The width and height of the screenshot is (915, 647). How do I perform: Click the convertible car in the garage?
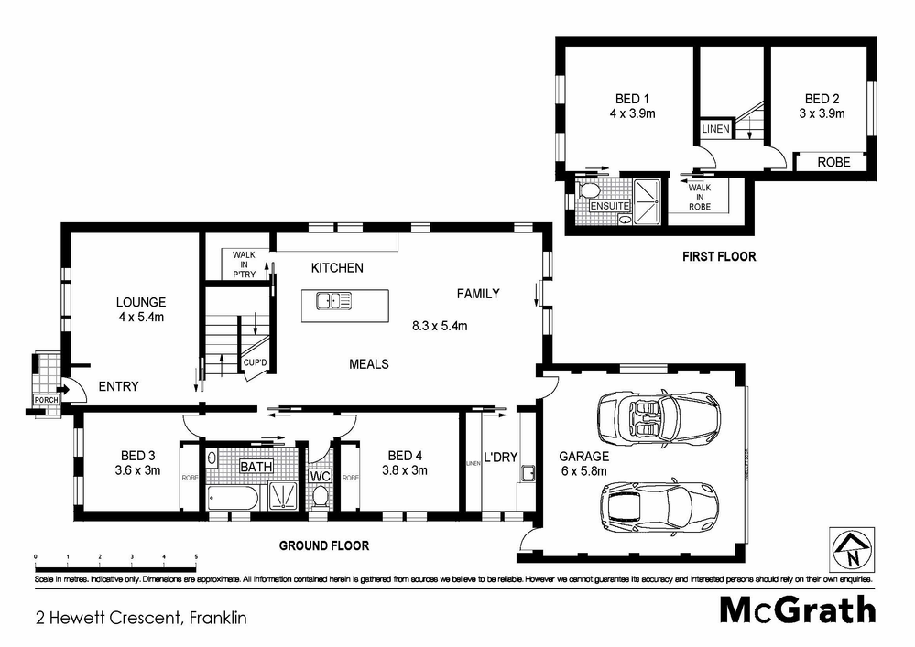pos(658,416)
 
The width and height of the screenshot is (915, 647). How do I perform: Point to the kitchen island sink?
pos(334,300)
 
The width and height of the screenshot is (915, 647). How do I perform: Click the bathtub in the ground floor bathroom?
pos(232,497)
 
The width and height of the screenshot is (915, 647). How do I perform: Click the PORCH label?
pos(46,401)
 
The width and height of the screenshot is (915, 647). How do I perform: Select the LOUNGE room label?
pos(140,302)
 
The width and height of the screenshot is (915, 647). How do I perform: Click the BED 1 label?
pos(632,99)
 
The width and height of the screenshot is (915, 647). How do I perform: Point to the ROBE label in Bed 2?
pos(833,162)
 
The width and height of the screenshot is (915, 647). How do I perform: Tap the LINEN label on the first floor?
pos(715,130)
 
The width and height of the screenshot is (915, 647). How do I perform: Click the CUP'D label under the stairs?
pos(255,363)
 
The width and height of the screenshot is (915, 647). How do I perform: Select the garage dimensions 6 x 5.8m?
pos(583,471)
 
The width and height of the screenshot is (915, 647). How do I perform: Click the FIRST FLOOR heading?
pos(719,256)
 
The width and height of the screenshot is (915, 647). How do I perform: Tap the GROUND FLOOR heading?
pos(323,545)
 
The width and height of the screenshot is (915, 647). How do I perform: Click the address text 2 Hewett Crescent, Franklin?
pos(141,618)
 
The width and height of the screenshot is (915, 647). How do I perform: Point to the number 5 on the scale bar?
pos(196,556)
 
